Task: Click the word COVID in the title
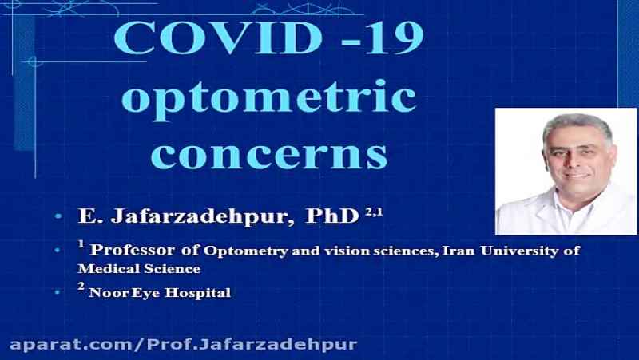coord(218,38)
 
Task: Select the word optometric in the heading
coord(269,99)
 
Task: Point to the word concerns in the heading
coord(269,156)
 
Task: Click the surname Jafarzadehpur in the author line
coord(202,216)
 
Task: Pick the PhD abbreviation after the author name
coord(331,216)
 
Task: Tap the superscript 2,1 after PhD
coord(374,212)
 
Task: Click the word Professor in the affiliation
coord(133,250)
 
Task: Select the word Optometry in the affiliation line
coord(245,251)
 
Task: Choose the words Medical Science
coord(139,269)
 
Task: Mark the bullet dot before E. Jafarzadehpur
coord(58,216)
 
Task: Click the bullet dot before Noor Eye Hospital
coord(58,292)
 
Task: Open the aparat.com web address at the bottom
coord(184,345)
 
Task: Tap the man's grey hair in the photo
coord(577,125)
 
